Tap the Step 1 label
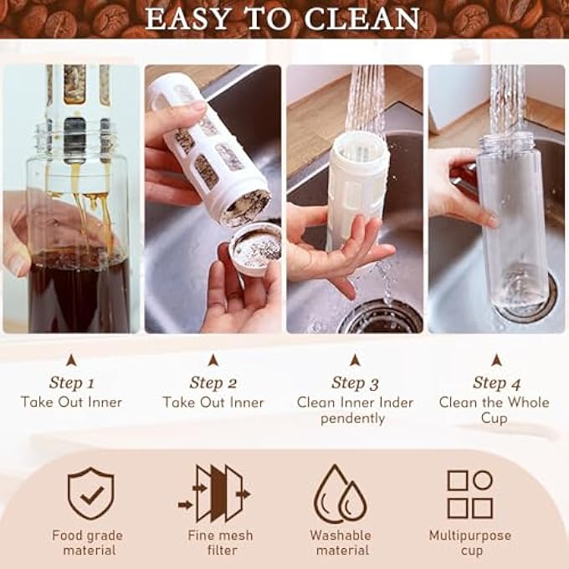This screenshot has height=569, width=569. click(71, 383)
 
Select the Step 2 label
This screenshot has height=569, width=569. click(213, 383)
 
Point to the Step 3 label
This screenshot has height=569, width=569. click(355, 383)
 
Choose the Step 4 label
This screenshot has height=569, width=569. click(496, 383)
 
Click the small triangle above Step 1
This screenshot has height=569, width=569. click(71, 360)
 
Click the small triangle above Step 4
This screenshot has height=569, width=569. click(496, 360)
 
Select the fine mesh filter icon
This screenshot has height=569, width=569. click(213, 494)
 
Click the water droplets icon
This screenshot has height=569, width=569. click(340, 495)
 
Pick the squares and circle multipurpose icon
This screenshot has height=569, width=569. click(469, 494)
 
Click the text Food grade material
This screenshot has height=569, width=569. click(87, 542)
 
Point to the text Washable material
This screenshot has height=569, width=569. click(340, 542)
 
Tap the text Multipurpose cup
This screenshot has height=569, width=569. click(469, 542)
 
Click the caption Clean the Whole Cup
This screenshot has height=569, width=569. click(494, 410)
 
